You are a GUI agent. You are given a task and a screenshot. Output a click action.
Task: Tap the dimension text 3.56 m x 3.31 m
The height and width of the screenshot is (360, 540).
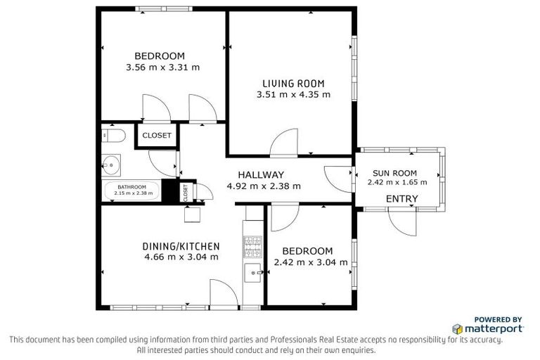pos(162,67)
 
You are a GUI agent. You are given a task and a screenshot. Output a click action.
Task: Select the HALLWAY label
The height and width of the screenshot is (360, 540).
pos(261,175)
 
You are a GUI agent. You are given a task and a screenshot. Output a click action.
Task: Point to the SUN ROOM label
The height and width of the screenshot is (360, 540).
pos(394,173)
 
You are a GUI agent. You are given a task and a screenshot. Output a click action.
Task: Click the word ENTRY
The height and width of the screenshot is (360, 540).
pos(402,199)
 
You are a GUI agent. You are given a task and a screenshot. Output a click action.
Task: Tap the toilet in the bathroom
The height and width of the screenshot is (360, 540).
pos(114,135)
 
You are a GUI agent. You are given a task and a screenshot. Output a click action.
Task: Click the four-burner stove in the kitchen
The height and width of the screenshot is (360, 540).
pos(252,245)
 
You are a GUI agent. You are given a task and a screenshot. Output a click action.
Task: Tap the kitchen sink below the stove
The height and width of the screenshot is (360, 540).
pos(252,271)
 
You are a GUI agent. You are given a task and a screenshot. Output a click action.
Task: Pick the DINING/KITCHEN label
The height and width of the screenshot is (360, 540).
pos(181,246)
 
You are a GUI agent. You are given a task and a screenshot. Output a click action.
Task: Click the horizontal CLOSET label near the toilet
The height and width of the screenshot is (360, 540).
pos(157,136)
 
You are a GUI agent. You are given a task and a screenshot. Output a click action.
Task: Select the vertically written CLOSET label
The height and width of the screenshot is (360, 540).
pos(186,192)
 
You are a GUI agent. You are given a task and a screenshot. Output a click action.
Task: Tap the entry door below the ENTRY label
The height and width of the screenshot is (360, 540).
pos(402,224)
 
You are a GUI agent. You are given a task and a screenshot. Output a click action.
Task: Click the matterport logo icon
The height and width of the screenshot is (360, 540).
pos(457,328)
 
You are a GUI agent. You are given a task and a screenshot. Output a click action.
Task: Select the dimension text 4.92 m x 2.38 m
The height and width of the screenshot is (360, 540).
pos(264,186)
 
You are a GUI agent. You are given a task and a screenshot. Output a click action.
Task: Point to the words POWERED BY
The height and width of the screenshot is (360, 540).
pos(498,319)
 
